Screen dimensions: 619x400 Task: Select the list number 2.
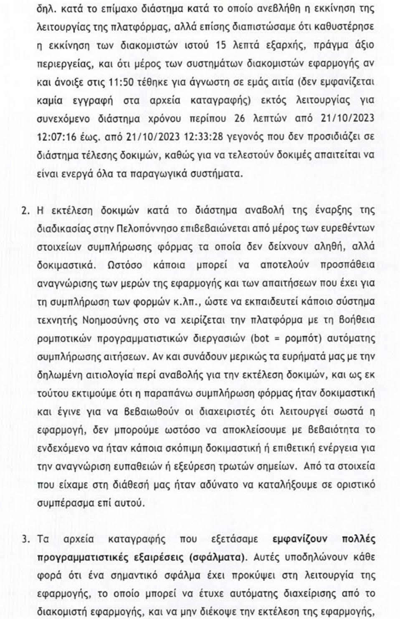pyautogui.click(x=25, y=209)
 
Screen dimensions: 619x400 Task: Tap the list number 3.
pyautogui.click(x=25, y=539)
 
